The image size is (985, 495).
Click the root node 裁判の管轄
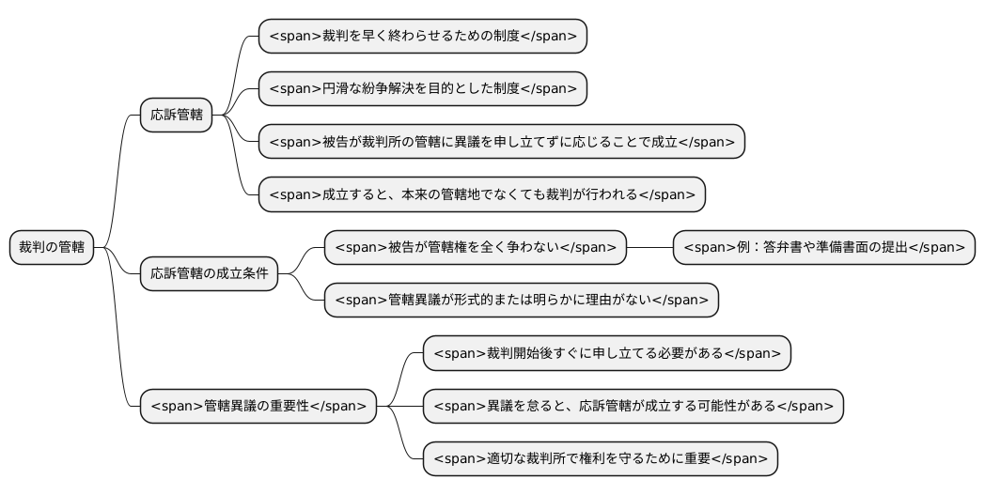click(52, 248)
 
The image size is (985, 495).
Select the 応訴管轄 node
click(176, 116)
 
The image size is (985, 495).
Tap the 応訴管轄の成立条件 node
click(209, 274)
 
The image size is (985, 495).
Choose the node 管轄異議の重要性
click(258, 407)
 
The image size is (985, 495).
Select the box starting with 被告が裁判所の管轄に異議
click(501, 142)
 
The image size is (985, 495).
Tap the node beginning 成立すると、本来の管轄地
click(481, 194)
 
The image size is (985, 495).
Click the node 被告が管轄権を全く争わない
click(475, 248)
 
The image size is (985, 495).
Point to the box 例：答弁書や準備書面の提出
click(823, 248)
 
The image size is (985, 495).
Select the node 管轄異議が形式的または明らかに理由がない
click(521, 301)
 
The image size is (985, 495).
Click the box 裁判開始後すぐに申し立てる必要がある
click(606, 353)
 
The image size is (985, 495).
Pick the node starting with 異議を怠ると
click(633, 407)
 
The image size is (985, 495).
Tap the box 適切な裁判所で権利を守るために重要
click(600, 459)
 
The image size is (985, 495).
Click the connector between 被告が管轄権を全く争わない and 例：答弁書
click(649, 248)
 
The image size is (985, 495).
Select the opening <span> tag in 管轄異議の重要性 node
click(177, 407)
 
